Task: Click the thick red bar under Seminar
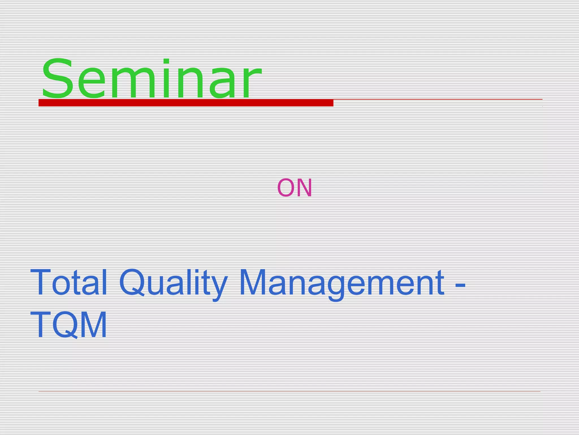pyautogui.click(x=186, y=103)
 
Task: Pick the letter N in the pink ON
pyautogui.click(x=304, y=187)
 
